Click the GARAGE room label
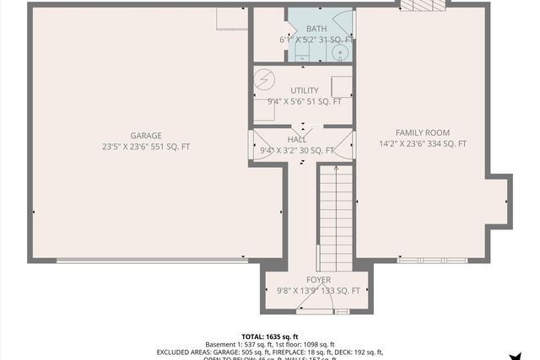tap(146, 135)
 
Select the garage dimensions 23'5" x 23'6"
tap(146, 147)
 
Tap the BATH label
tap(304, 29)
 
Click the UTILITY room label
tap(304, 90)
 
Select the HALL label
tap(297, 139)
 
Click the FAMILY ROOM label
tap(423, 132)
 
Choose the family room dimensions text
tap(423, 144)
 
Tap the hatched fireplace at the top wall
tap(422, 6)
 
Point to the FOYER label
tap(318, 279)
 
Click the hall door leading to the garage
tap(258, 145)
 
